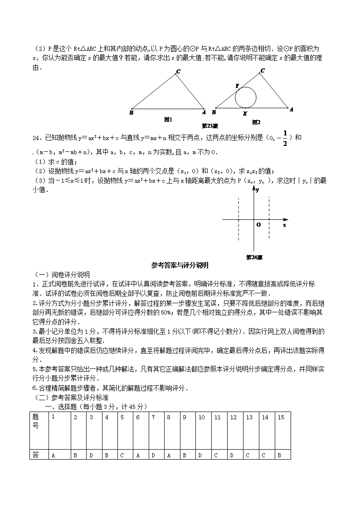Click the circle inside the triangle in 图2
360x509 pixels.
point(245,97)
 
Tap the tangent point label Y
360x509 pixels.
point(237,86)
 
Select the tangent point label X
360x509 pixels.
point(245,113)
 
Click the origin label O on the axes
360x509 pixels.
point(258,224)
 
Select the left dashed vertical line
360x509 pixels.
point(238,220)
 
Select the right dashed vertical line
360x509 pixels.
point(270,220)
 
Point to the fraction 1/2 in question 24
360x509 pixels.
point(285,138)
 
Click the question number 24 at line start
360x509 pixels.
point(36,138)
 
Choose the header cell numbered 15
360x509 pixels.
point(281,417)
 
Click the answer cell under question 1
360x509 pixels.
point(54,455)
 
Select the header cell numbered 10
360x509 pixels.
point(202,417)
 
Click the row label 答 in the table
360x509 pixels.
point(36,455)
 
